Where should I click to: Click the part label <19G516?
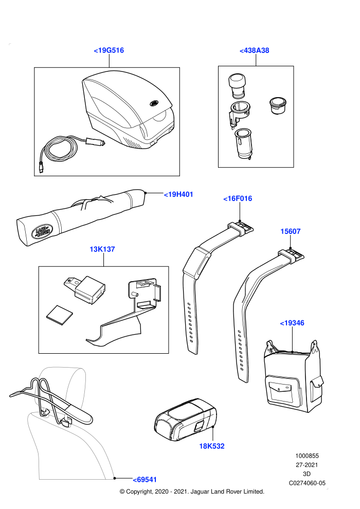tap(109, 50)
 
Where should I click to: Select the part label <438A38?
tap(254, 50)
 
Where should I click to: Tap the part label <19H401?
tap(178, 194)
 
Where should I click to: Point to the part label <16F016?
tap(238, 198)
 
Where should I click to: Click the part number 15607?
tap(291, 231)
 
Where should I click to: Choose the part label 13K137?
tap(102, 249)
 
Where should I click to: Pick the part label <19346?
tap(292, 323)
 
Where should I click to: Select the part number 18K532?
tap(212, 446)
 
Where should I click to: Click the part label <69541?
tap(145, 480)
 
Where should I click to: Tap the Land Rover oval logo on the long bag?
tap(42, 231)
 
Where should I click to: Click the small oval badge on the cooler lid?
tap(154, 103)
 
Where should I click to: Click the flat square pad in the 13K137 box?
tap(60, 315)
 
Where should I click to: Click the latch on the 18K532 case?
tap(199, 426)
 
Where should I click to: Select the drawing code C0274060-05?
tap(307, 483)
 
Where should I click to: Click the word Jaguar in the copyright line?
tap(200, 492)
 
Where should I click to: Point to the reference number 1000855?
tap(307, 456)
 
